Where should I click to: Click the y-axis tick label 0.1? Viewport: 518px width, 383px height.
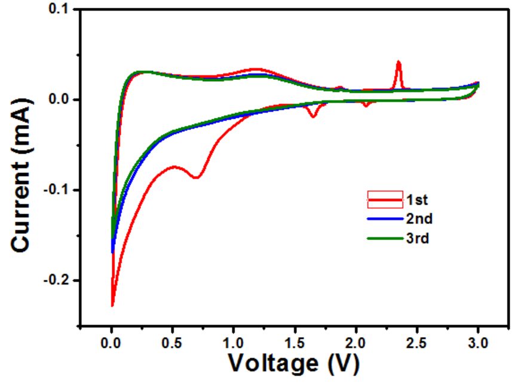pyautogui.click(x=57, y=10)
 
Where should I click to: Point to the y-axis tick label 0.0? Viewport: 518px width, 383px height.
pyautogui.click(x=57, y=100)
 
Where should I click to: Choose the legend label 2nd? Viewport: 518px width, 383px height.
pyautogui.click(x=419, y=219)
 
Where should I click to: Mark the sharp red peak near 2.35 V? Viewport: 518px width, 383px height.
pyautogui.click(x=399, y=62)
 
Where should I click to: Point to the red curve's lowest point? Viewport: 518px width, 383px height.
pyautogui.click(x=112, y=305)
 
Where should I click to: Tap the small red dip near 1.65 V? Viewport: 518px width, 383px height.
pyautogui.click(x=313, y=116)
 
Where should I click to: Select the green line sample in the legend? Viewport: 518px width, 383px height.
pyautogui.click(x=385, y=239)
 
